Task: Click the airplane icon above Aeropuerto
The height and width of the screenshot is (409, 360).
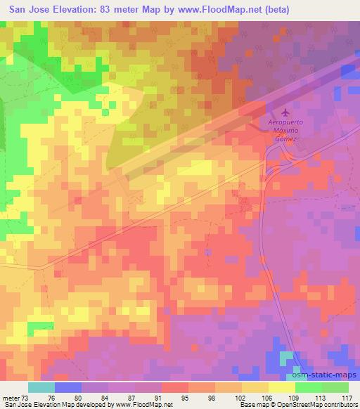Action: (x=285, y=112)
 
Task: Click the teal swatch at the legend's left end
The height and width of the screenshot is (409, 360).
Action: (x=41, y=387)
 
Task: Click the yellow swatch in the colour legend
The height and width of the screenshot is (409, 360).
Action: (x=282, y=387)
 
